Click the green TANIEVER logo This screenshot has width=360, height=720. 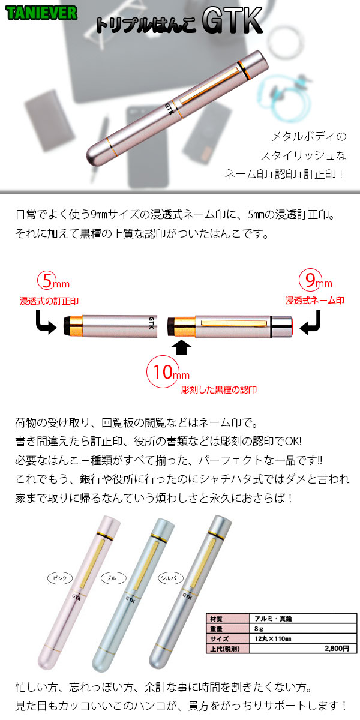[x=41, y=13]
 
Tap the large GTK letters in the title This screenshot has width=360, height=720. [x=232, y=20]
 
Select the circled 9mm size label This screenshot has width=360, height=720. [x=316, y=280]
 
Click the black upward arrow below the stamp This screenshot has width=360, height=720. [x=182, y=347]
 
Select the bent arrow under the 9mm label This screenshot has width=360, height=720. [x=311, y=323]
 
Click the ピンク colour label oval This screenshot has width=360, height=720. [x=60, y=578]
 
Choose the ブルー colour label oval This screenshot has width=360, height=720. [x=114, y=578]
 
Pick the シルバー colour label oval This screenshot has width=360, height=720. [x=170, y=578]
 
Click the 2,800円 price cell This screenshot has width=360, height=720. [x=303, y=649]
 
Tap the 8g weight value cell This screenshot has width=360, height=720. [x=303, y=629]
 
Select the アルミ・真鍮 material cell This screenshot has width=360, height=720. [x=303, y=619]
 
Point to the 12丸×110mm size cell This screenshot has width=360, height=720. [x=303, y=638]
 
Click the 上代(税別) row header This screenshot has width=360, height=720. [x=228, y=649]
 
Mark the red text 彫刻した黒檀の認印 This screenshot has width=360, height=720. [x=219, y=390]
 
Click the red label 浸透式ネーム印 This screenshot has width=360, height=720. [x=315, y=301]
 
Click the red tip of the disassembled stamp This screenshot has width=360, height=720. [x=291, y=327]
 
